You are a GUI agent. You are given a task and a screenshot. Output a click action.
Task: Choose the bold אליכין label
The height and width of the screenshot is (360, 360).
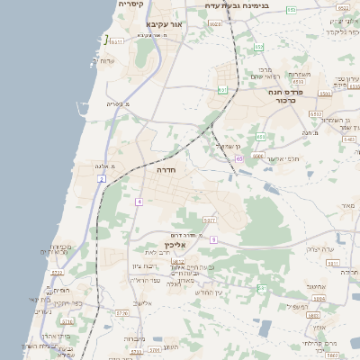175,244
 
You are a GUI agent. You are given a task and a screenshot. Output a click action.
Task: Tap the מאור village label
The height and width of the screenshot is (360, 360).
348,206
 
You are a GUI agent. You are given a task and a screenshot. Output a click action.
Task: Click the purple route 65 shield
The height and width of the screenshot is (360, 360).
240,158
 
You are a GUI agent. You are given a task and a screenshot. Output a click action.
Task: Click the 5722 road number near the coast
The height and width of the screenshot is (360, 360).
57,272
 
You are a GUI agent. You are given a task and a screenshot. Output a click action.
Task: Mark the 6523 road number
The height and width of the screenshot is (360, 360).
216,24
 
